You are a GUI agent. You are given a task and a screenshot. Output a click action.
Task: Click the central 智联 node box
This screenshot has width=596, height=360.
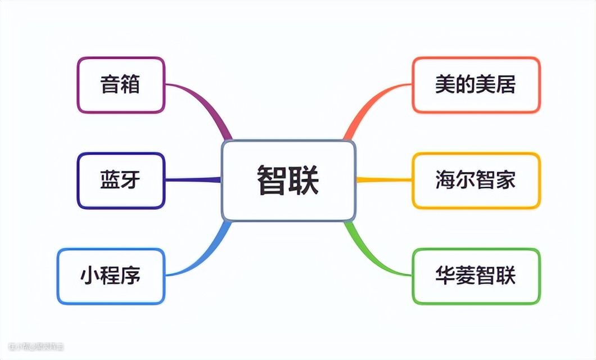tap(288, 180)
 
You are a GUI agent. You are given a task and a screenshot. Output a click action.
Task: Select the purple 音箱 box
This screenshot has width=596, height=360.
tap(120, 85)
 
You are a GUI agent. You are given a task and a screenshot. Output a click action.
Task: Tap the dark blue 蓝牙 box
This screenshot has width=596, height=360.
tap(120, 181)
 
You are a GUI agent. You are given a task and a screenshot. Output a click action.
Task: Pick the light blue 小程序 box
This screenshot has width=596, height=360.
tap(111, 276)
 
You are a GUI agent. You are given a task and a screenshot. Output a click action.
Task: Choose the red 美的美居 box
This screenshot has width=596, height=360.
tap(476, 85)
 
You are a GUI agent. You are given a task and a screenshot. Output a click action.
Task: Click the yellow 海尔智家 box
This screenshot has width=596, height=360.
tap(476, 181)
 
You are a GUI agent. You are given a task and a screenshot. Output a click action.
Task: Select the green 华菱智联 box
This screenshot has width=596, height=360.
tap(476, 276)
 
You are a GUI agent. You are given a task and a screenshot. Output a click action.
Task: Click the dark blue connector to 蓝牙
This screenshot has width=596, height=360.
tap(194, 180)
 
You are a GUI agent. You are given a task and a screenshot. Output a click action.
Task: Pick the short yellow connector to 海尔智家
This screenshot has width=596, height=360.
tap(385, 180)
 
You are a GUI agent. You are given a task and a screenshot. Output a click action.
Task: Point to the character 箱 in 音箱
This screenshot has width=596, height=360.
tap(130, 85)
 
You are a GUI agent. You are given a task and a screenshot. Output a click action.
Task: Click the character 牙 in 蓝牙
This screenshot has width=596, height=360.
tap(130, 181)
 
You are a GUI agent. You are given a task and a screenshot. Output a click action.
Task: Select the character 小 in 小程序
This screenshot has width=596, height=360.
tap(90, 276)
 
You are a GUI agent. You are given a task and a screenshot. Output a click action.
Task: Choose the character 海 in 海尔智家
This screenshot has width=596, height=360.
tap(445, 181)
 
